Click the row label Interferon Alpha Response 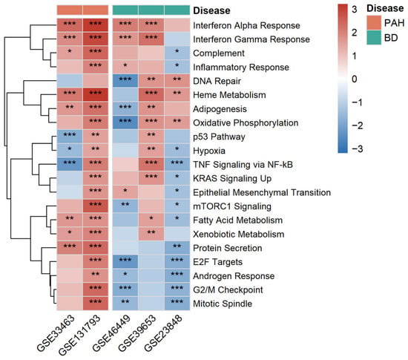point(246,25)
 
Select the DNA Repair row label point(217,81)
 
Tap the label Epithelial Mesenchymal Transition point(262,192)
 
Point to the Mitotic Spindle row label point(223,304)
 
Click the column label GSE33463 point(56,333)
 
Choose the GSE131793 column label point(79,335)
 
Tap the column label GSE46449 point(111,333)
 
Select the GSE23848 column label point(162,333)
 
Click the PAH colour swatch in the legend point(374,23)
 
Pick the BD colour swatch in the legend point(374,38)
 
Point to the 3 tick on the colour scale point(355,10)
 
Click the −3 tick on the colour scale point(357,148)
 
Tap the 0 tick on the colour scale point(355,79)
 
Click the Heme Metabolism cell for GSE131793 point(96,95)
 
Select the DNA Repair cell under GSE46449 point(125,81)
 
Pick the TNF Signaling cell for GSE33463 point(70,165)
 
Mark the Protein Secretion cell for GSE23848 point(177,248)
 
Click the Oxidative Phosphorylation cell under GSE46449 point(125,122)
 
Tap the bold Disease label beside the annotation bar point(211,10)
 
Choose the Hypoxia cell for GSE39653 point(151,151)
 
